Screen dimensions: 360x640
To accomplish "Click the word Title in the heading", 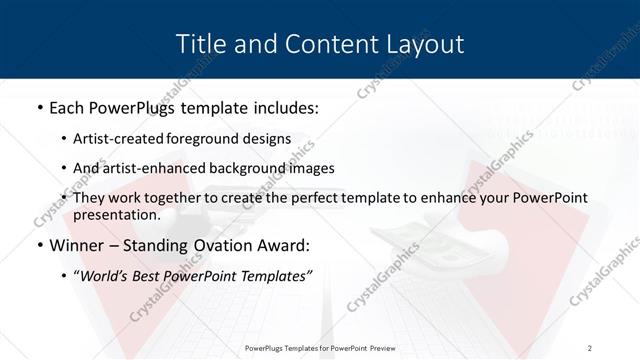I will (x=200, y=44).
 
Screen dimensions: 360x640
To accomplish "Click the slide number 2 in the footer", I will (x=590, y=347).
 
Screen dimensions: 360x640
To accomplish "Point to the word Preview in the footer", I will (x=376, y=347).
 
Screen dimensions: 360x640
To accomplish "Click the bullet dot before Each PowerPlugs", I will (x=39, y=107).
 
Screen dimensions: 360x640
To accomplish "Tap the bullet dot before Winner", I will (x=39, y=245).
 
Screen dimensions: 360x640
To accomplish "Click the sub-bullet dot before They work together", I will (x=64, y=199).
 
